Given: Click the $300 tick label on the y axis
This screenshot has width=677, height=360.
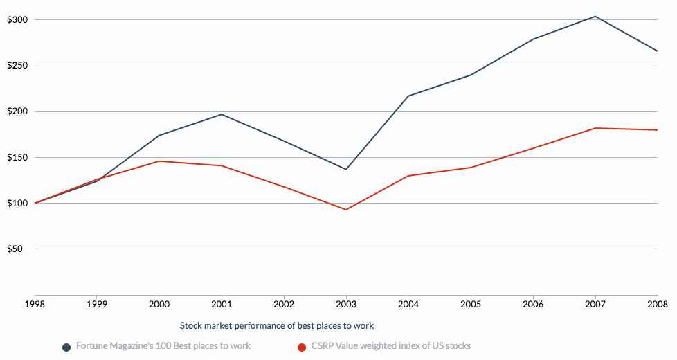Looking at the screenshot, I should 17,20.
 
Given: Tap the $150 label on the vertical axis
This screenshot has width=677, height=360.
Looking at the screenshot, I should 17,157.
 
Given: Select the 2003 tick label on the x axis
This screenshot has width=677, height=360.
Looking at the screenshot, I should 346,303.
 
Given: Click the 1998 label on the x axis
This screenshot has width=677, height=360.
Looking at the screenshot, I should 35,303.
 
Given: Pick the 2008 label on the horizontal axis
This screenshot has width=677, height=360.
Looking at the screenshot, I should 657,303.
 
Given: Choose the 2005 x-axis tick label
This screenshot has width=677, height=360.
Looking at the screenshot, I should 471,303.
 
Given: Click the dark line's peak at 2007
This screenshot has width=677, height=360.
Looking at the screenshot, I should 595,16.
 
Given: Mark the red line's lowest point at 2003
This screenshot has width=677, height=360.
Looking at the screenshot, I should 346,210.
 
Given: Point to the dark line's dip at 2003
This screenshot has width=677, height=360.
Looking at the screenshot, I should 346,170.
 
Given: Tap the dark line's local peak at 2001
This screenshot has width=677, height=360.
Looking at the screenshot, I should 222,114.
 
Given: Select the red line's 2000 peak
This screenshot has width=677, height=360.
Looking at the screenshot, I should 159,161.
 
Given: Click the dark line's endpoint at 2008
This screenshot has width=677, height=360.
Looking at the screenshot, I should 657,51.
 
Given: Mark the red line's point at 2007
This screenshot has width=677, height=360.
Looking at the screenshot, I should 595,128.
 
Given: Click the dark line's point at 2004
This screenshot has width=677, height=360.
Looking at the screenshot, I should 408,96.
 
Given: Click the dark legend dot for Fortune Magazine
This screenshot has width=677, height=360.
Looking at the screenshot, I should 66,347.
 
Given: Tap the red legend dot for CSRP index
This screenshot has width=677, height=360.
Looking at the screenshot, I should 302,347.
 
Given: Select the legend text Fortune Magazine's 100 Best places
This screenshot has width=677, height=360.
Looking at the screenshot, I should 163,345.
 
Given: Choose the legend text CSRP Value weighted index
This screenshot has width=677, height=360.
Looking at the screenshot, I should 391,345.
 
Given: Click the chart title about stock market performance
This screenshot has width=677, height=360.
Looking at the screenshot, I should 277,325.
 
